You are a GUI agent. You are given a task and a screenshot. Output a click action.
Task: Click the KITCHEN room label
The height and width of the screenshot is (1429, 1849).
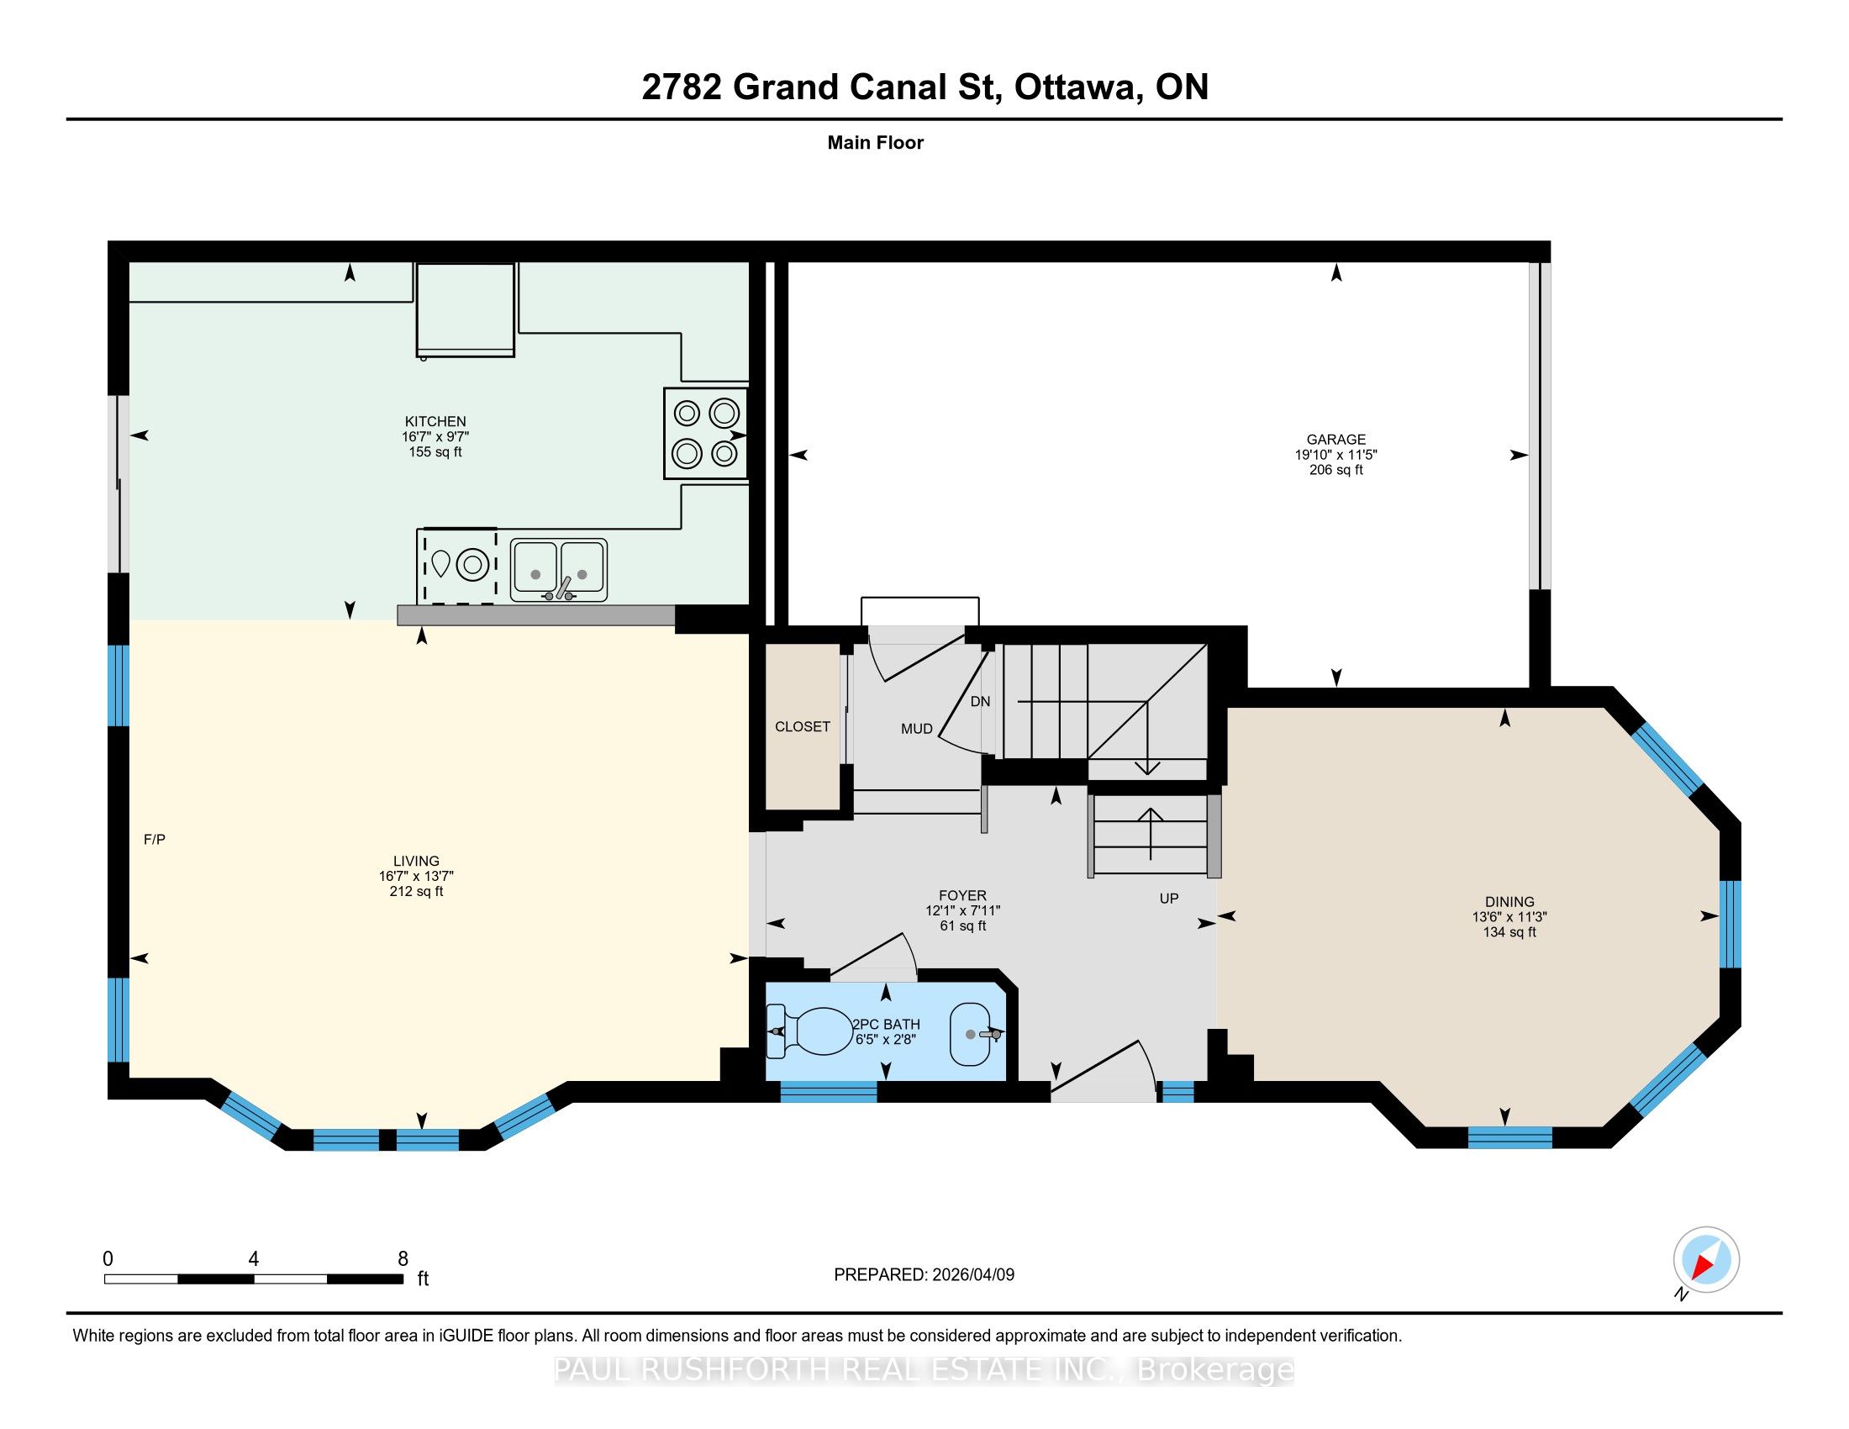click(x=435, y=422)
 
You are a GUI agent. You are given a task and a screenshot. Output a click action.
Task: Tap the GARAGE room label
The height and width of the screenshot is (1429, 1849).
click(x=1336, y=440)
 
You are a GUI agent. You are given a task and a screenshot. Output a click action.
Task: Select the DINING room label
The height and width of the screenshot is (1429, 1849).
click(x=1509, y=902)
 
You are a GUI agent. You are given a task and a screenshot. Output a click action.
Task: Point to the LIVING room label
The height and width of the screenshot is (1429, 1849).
click(x=416, y=861)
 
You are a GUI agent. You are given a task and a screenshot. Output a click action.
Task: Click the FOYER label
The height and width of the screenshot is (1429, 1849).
click(x=962, y=896)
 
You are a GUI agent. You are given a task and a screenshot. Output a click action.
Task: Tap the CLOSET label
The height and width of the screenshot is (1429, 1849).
click(x=803, y=726)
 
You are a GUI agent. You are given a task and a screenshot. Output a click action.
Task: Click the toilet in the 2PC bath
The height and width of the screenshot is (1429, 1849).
click(x=810, y=1032)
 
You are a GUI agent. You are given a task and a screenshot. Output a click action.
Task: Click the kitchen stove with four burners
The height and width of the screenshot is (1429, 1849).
click(x=706, y=434)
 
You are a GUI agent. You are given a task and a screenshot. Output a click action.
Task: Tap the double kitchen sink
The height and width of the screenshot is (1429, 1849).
click(x=559, y=570)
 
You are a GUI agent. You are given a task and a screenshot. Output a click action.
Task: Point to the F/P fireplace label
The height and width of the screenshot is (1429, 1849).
click(x=154, y=840)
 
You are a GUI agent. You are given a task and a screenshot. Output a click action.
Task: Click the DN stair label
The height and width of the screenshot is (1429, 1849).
click(x=980, y=702)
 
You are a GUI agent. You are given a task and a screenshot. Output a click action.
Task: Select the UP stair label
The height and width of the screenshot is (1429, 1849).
click(x=1169, y=899)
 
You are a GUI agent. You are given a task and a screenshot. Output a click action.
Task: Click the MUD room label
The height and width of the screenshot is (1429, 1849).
click(x=917, y=729)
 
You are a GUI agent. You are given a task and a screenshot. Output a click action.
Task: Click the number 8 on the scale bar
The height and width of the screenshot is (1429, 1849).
click(x=403, y=1258)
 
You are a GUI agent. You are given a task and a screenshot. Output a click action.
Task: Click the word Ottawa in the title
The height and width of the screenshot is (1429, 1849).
click(x=1075, y=87)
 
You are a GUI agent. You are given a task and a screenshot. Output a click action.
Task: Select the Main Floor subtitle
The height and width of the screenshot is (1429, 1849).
click(x=876, y=143)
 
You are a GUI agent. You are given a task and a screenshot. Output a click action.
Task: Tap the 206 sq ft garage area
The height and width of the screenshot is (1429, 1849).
click(x=1336, y=470)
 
